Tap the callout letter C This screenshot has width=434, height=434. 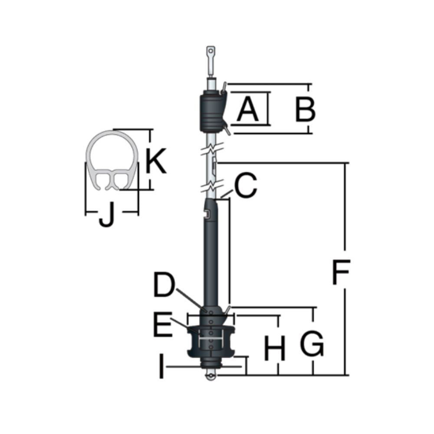click(x=245, y=186)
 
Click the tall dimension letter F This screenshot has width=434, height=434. click(x=341, y=273)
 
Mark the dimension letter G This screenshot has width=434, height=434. click(x=312, y=345)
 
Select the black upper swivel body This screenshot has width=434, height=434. click(x=211, y=112)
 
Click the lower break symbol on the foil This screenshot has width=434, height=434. click(x=211, y=188)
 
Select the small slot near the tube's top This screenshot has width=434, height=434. click(x=207, y=214)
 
